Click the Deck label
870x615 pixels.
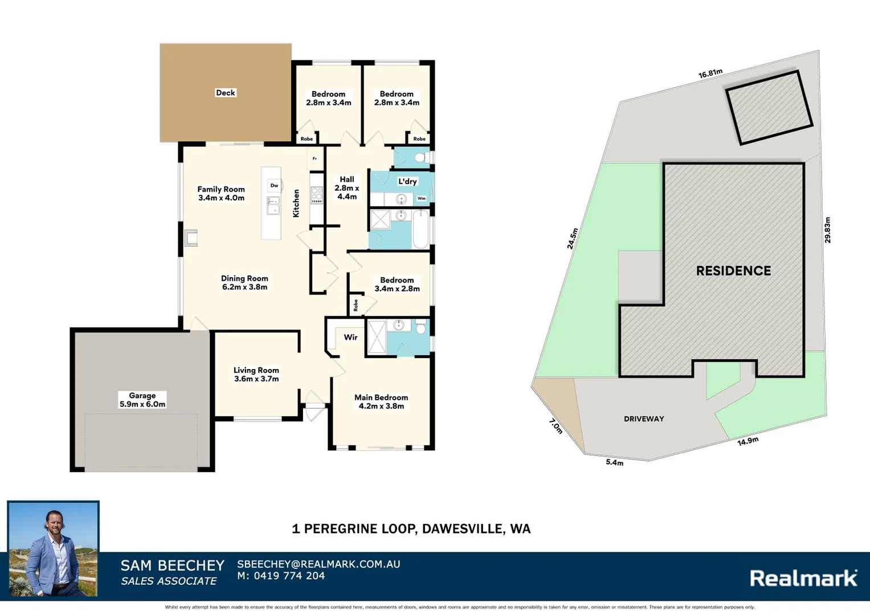pos(225,93)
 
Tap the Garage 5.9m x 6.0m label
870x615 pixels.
pos(142,400)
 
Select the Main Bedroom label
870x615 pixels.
pos(381,401)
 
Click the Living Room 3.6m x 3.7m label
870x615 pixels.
pos(256,374)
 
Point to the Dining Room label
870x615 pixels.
pos(244,282)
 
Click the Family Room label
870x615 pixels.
pos(221,194)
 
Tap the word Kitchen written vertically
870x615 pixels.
pos(296,203)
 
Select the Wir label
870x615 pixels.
pos(350,337)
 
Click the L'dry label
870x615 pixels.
pos(407,182)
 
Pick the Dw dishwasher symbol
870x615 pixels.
pos(274,186)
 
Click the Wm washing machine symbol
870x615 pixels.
pos(422,199)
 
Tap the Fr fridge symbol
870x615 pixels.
pos(314,159)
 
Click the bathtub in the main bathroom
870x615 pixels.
pos(420,229)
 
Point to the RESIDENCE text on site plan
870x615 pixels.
pos(733,271)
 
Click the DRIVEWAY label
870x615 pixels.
pos(644,419)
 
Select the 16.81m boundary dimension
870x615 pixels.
pos(710,74)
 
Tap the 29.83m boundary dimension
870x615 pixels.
pos(827,230)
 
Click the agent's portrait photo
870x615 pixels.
pos(53,549)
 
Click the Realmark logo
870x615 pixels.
pos(803,579)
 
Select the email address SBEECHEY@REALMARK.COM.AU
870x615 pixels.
pos(318,564)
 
